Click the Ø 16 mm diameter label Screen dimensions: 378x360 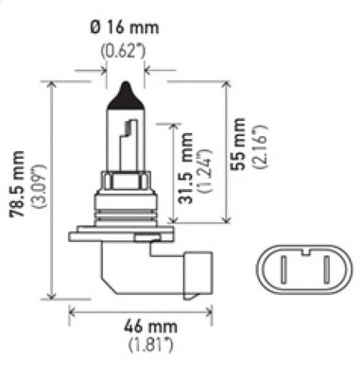(x=127, y=31)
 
